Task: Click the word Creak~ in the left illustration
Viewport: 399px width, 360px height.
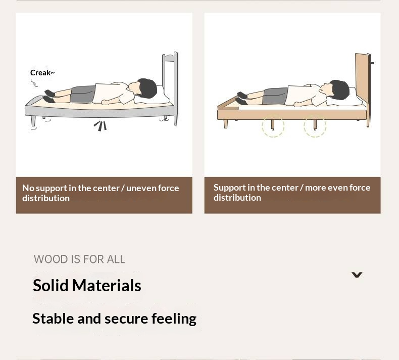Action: (42, 73)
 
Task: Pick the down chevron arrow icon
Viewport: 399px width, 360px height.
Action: (357, 275)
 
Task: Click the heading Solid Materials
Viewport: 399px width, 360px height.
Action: (87, 286)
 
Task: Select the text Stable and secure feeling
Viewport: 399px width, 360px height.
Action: (114, 319)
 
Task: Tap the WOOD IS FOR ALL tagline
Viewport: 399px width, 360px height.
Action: (79, 259)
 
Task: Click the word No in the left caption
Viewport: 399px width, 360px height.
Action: (28, 188)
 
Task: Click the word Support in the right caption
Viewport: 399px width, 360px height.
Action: (229, 188)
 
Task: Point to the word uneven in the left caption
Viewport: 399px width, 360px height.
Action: (141, 188)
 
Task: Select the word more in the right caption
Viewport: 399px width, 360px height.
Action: (315, 188)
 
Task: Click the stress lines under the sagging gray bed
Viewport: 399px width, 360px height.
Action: (101, 125)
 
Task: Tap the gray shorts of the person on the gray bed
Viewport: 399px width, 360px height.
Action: (83, 94)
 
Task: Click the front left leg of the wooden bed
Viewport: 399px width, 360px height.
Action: (226, 123)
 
